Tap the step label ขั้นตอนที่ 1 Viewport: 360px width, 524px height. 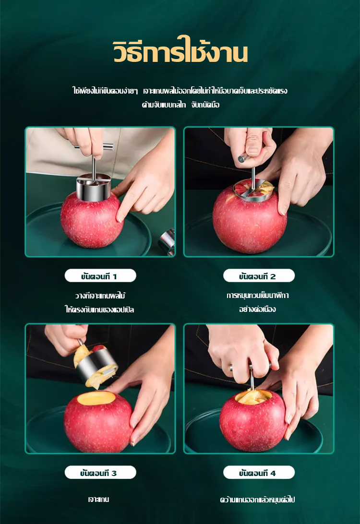(x=100, y=276)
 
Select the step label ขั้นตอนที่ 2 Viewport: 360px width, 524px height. (x=259, y=276)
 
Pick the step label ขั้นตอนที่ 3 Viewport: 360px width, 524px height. (x=100, y=473)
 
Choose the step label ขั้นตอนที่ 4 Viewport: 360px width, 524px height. (x=259, y=473)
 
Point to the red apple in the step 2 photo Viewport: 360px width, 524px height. (x=249, y=219)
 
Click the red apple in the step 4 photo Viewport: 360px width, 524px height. (x=253, y=421)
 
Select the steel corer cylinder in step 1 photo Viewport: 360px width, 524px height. (x=93, y=188)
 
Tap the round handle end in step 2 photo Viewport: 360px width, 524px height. (x=241, y=158)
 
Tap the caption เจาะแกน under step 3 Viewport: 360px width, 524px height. (x=98, y=499)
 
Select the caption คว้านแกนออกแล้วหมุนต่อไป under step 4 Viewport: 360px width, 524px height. (x=257, y=500)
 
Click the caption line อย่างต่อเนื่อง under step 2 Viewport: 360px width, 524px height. (x=257, y=309)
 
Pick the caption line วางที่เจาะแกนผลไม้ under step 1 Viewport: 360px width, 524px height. (x=100, y=296)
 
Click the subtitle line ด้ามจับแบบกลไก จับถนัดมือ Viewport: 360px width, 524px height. (x=180, y=105)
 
